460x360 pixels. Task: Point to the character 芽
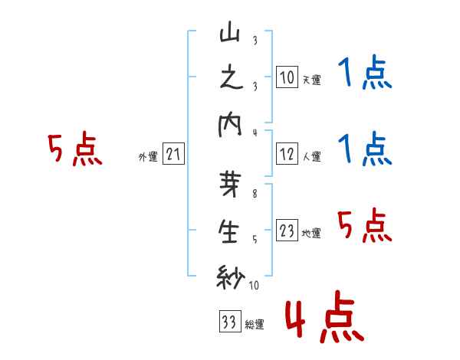(231, 188)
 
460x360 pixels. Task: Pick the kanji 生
(231, 233)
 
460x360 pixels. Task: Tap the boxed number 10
(287, 77)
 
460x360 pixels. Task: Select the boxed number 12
(287, 153)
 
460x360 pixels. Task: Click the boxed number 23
(287, 230)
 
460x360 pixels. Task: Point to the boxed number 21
(173, 154)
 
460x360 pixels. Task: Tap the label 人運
(311, 157)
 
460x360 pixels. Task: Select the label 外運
(148, 158)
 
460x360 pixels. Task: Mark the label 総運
(255, 325)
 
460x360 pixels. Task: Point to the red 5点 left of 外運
(75, 150)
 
